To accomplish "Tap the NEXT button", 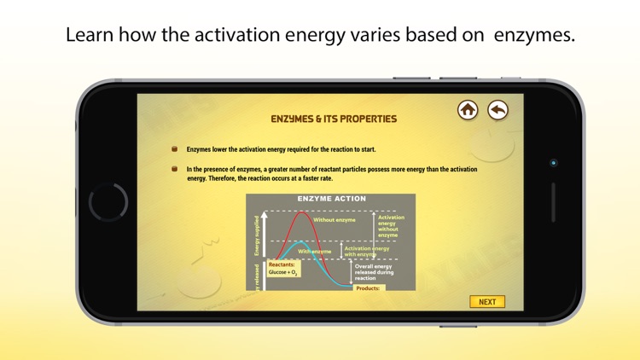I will point(487,302).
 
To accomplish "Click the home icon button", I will point(468,109).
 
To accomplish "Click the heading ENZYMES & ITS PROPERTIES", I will point(333,119).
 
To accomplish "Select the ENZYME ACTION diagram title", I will point(331,199).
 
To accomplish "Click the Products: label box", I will point(369,287).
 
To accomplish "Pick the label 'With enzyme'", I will point(315,252).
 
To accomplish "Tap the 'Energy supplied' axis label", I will point(256,235).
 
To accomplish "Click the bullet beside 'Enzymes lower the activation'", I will point(175,148).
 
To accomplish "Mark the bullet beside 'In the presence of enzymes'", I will point(175,169).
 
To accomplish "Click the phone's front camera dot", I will point(554,162).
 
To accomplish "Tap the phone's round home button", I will point(108,202).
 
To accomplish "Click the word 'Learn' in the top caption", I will point(88,36).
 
